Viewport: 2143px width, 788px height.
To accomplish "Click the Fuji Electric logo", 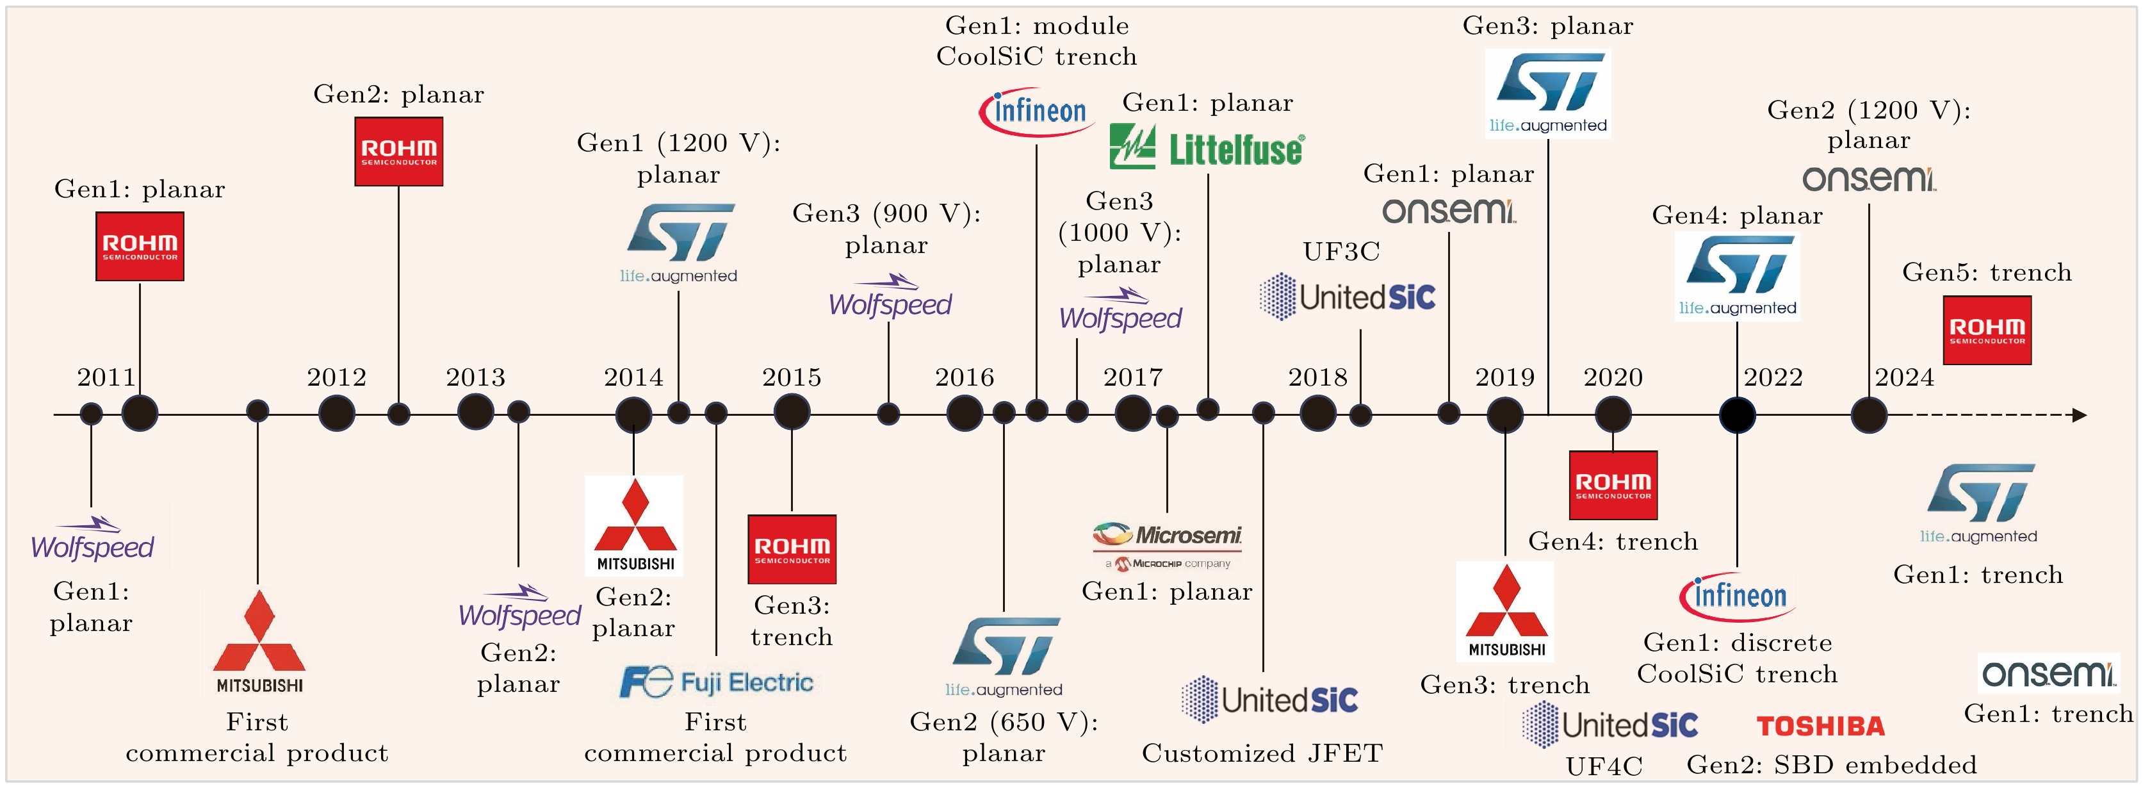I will [716, 682].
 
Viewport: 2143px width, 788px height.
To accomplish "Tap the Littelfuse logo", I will [1207, 147].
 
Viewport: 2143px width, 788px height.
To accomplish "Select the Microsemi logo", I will [1167, 545].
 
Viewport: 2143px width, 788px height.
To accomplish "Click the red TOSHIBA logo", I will [1820, 726].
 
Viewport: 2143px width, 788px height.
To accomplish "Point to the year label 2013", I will [476, 378].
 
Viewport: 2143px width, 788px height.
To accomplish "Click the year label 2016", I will [964, 378].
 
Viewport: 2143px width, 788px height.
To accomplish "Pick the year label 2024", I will [1904, 378].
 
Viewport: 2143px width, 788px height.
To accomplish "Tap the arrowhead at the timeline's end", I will [2080, 415].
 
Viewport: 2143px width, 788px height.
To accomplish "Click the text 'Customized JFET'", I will [1262, 753].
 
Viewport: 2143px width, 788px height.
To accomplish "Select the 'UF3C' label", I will [1341, 251].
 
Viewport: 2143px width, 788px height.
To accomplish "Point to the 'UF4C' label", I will [1604, 766].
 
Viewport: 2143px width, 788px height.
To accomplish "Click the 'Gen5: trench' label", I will [1987, 273].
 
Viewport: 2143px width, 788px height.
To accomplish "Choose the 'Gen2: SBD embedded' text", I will [1831, 765].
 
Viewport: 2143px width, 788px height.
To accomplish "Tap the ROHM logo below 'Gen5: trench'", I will [1987, 331].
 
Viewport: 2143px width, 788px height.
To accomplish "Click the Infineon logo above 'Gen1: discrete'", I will [1737, 596].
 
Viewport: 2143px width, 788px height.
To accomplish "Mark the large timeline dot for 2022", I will [1737, 415].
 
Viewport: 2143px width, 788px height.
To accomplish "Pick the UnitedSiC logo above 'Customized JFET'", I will [1269, 699].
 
